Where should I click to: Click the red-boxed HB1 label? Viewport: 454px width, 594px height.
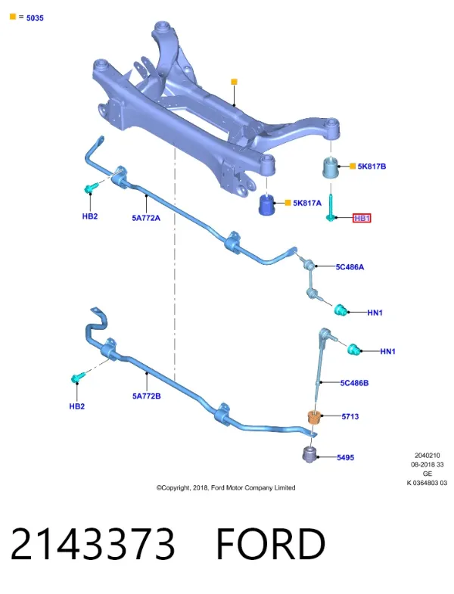pos(362,218)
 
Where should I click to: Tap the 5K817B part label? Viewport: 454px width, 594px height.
pos(372,166)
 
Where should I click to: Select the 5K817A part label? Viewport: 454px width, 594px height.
pos(307,203)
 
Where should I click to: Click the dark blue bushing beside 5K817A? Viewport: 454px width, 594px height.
pos(268,205)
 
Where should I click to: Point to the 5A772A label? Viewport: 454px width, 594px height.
pos(146,218)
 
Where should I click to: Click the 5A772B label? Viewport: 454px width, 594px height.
pos(146,396)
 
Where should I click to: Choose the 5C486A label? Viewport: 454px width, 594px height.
pos(350,267)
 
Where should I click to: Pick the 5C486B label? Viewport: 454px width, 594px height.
pos(354,383)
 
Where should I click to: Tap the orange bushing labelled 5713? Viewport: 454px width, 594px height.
pos(315,417)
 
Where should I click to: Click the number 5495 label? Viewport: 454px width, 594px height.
pos(346,458)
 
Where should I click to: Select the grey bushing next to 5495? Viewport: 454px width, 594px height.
pos(309,454)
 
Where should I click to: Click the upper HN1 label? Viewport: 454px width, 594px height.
pos(375,313)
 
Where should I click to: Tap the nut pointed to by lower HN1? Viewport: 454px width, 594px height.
pos(353,349)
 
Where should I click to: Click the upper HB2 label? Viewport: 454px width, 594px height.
pos(90,216)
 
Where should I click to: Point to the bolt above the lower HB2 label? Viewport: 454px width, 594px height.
pos(78,377)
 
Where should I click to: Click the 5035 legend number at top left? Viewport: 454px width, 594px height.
pos(35,18)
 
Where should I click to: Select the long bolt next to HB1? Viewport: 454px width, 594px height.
pos(331,207)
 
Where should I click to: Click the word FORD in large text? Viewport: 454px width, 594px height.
pos(270,544)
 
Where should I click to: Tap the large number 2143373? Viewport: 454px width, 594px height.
pos(93,544)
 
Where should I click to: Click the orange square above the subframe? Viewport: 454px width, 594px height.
pos(235,82)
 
